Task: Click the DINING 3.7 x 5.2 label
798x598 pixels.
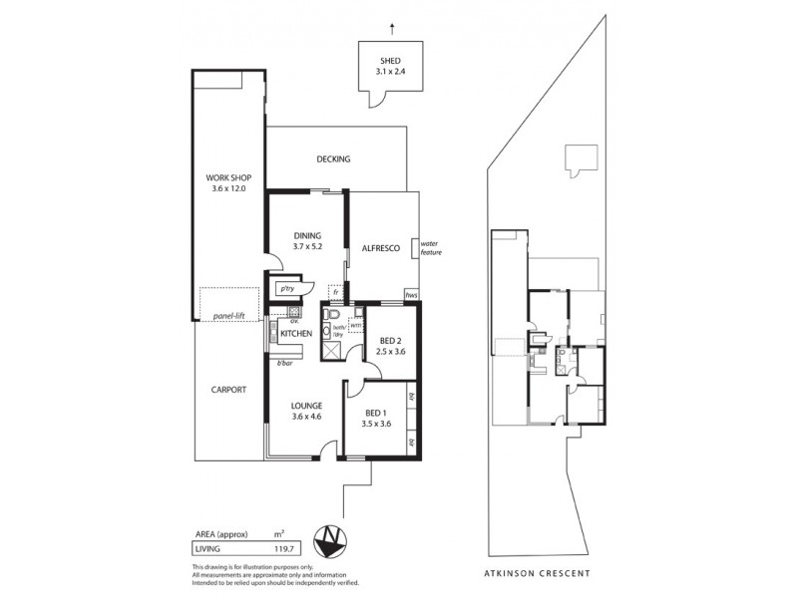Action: pyautogui.click(x=306, y=240)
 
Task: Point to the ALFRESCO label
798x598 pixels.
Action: pyautogui.click(x=380, y=251)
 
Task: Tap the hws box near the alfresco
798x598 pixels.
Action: pyautogui.click(x=410, y=295)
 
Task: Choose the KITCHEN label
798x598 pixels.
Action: pyautogui.click(x=296, y=333)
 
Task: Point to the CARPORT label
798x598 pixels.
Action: pyautogui.click(x=228, y=390)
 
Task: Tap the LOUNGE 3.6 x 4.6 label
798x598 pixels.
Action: pyautogui.click(x=306, y=411)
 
